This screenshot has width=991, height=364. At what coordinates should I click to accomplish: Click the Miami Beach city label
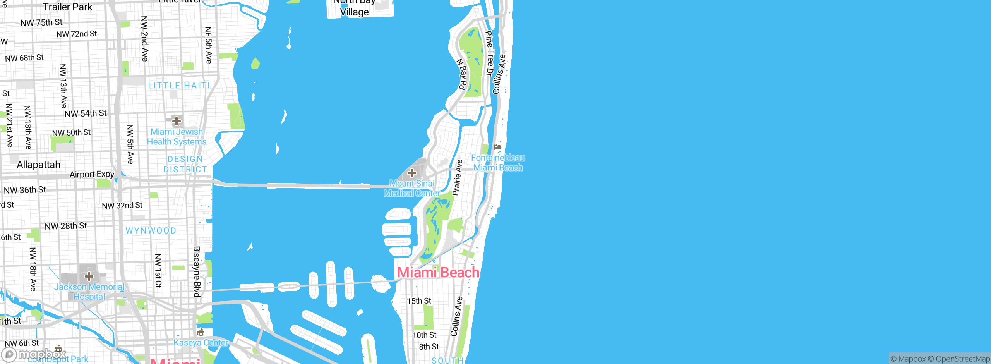coord(438,273)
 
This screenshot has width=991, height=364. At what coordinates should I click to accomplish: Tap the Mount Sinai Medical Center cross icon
coord(412,173)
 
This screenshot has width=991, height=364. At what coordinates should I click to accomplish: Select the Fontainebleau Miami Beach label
coord(498,163)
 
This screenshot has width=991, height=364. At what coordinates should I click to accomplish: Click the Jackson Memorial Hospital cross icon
coord(89,276)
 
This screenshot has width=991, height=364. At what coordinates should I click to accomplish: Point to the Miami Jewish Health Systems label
coord(177,137)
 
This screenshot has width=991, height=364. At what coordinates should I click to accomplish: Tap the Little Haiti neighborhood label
coord(179,86)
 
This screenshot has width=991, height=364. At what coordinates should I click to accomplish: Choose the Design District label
coord(185,164)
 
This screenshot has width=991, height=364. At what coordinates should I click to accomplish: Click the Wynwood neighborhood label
coord(151,231)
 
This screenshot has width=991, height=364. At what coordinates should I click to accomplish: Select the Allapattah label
coord(39,165)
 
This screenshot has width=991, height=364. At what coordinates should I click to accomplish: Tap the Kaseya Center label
coord(201,343)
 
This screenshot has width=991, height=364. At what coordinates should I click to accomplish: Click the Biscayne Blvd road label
coord(197,271)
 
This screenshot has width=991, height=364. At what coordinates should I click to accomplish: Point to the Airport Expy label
coord(92,175)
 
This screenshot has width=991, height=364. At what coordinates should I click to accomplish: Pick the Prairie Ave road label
coord(457,178)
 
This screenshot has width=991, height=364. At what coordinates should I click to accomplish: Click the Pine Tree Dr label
coord(490,53)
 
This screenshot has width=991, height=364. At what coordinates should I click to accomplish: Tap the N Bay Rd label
coord(462,74)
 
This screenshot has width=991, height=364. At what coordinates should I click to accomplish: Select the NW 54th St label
coord(86,113)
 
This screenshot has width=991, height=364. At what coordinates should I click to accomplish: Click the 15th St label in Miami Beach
coord(419,301)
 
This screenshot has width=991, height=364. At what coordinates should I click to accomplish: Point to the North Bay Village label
coord(354,8)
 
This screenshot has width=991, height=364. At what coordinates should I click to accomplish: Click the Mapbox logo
coord(34,354)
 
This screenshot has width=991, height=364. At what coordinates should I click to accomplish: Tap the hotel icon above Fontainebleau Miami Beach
coord(498,147)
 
